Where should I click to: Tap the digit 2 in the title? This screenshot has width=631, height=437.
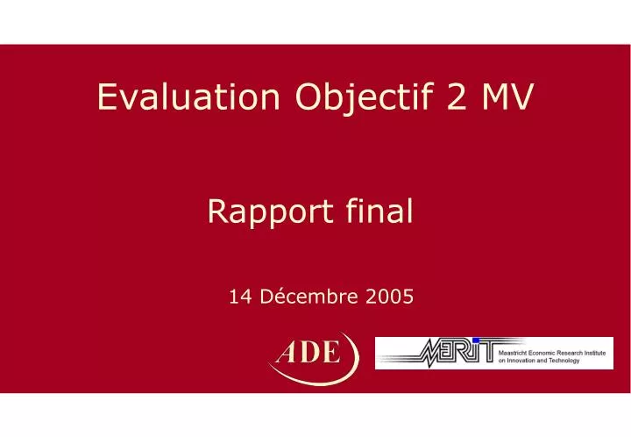pos(457,98)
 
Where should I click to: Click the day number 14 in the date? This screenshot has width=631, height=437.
pos(238,297)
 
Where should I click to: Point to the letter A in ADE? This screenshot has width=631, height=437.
pos(288,353)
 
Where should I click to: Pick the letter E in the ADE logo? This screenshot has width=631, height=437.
pos(330,353)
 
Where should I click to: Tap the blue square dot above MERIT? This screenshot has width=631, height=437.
pos(476,340)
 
